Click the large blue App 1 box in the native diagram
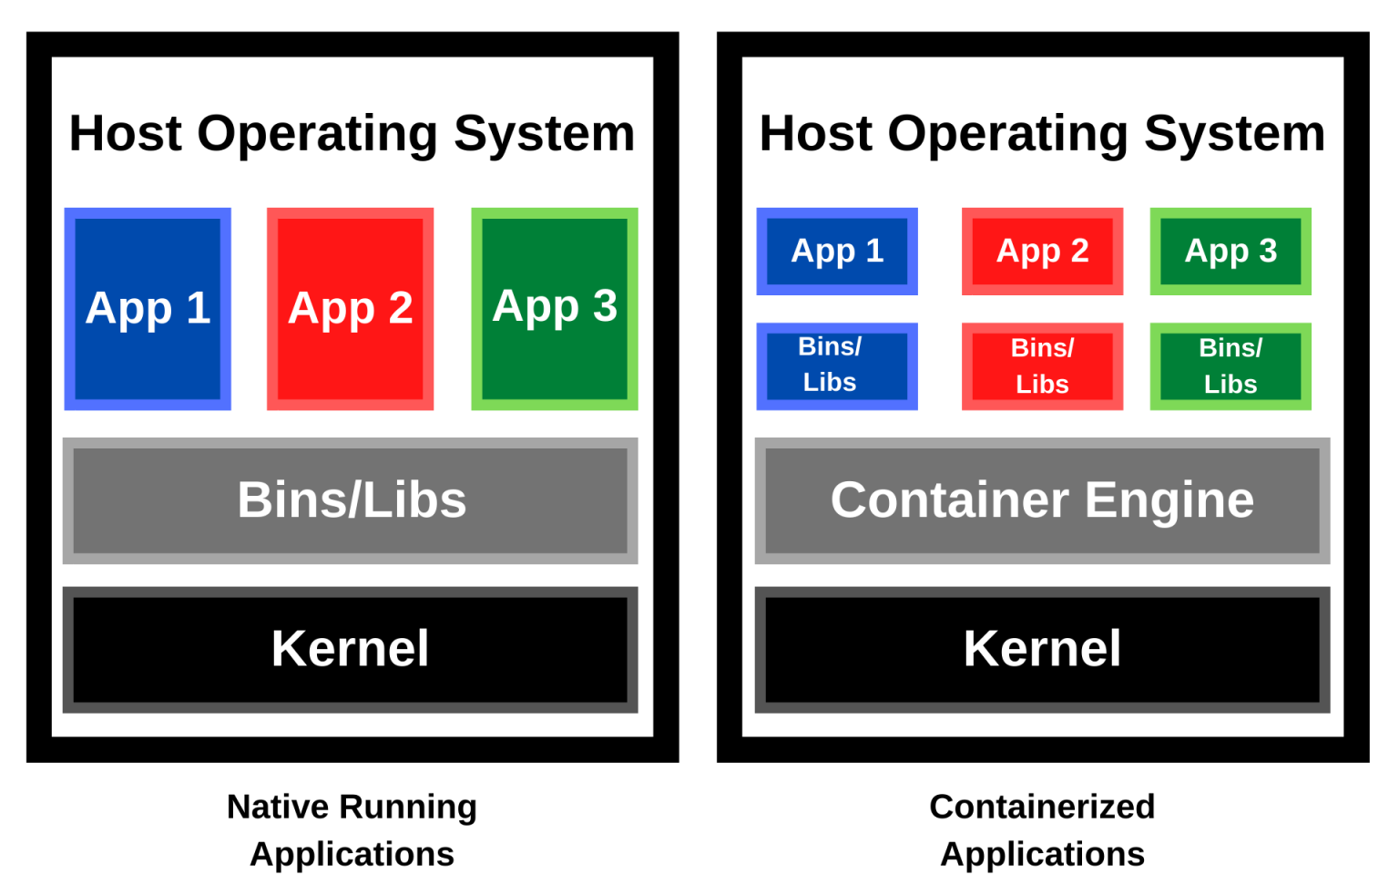coord(148,309)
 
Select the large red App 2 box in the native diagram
coord(350,309)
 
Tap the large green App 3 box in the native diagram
coord(554,309)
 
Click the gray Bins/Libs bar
coord(351,500)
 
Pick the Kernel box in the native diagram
coord(351,649)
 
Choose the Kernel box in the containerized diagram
coord(1042,649)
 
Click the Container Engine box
coord(1042,500)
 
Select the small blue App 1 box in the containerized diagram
coord(837,251)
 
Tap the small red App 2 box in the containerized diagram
coord(1042,251)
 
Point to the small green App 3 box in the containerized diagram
coord(1231,251)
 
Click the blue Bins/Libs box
coord(837,365)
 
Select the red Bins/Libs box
coord(1042,365)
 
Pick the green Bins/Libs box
coord(1231,365)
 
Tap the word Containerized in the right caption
coord(1042,807)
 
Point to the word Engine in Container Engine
coord(1169,500)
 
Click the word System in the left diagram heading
coord(544,134)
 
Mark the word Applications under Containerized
coord(1042,854)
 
